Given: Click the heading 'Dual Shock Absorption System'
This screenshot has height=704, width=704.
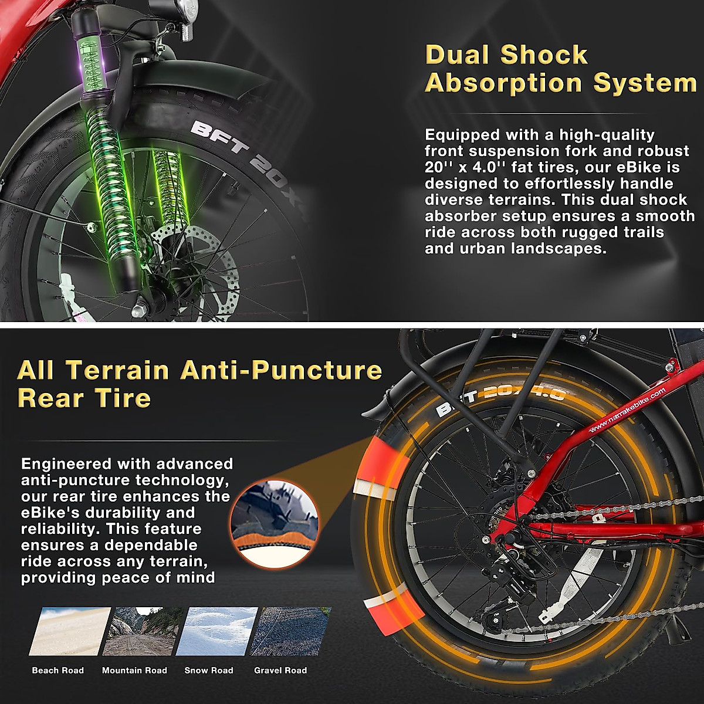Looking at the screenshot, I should (560, 69).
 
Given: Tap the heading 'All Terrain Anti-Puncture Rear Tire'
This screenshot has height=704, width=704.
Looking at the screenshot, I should (199, 384).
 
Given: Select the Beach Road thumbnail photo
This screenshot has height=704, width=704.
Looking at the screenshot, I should (69, 631).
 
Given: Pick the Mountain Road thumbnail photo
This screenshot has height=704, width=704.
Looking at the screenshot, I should (143, 631).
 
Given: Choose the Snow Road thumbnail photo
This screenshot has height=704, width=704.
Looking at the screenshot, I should (216, 631).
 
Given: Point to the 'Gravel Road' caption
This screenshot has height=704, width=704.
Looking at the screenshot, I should (280, 670).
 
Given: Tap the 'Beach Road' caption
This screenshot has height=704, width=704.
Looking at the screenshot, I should (57, 670).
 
